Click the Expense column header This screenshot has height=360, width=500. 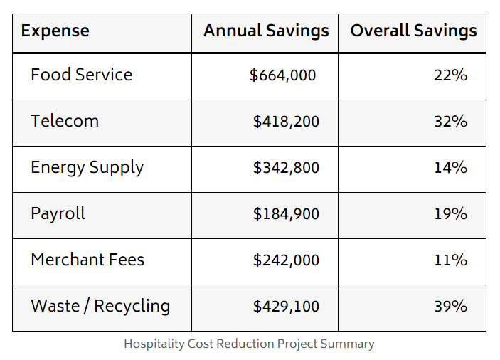coord(55,31)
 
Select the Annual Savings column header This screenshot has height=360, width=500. coord(266,31)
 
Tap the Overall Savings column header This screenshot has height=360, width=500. coord(413,31)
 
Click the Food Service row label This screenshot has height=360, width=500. coord(81,75)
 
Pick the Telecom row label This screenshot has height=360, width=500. coord(65,121)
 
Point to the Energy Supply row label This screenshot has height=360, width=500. coord(87,168)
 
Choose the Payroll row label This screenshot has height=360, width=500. coord(58,213)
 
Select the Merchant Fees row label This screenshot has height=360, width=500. coord(87,260)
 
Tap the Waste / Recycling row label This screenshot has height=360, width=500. coord(100,306)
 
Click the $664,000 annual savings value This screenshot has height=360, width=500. coord(282,75)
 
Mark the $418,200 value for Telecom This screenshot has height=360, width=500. coord(286,122)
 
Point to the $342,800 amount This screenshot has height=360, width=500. coord(286,168)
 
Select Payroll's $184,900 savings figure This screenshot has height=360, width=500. coord(286,214)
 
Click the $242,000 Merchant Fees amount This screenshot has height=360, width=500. coord(286,260)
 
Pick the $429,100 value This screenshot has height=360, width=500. coord(286,307)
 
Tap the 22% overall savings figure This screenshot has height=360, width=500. coord(450,75)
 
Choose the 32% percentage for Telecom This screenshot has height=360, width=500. coord(450,122)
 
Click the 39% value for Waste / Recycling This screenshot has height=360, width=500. coord(450,307)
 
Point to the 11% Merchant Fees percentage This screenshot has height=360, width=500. coord(450,260)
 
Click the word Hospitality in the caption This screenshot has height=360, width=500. coord(154,344)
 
